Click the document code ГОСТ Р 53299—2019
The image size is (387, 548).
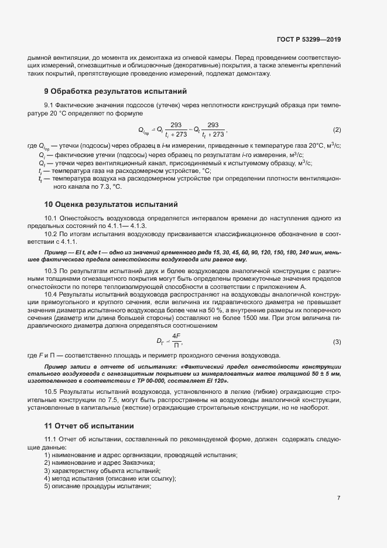309,39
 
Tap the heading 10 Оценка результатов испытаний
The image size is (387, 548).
111,205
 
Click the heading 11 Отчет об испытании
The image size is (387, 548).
90,426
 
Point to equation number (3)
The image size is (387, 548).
337,341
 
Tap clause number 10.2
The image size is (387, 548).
50,233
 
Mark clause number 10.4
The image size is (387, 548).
50,294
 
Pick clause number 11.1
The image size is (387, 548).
50,440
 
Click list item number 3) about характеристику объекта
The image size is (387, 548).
47,471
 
